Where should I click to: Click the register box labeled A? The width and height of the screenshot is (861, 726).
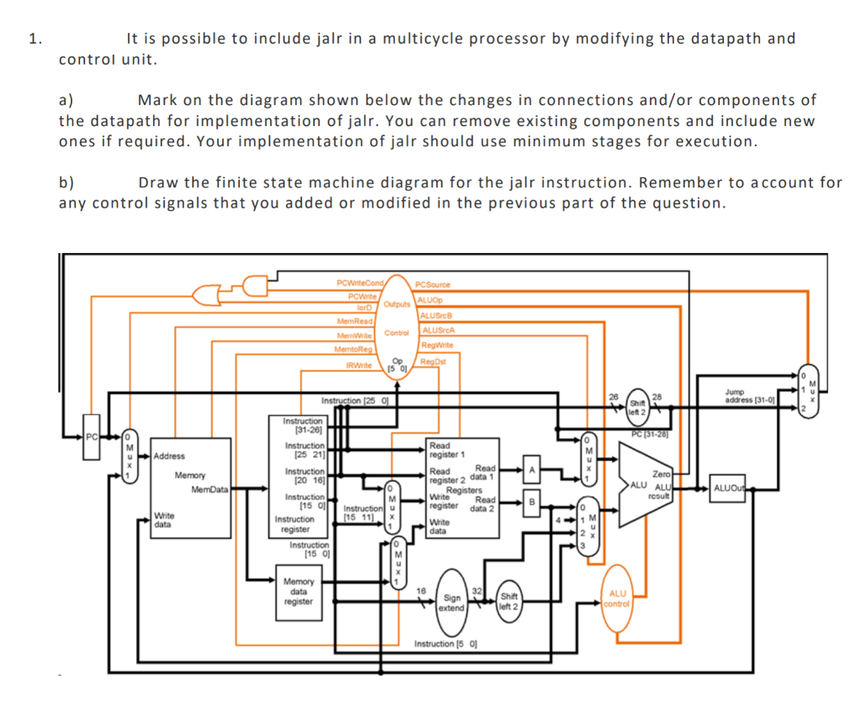pos(531,469)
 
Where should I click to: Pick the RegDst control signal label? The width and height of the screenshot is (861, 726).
pos(433,362)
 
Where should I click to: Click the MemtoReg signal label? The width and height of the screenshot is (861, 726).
pos(353,348)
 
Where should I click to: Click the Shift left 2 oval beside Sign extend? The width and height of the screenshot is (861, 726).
pos(509,602)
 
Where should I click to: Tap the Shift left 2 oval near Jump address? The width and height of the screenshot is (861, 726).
pos(637,406)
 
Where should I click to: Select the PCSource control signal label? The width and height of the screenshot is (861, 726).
pos(433,286)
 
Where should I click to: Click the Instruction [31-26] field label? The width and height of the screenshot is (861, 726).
pos(303,424)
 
